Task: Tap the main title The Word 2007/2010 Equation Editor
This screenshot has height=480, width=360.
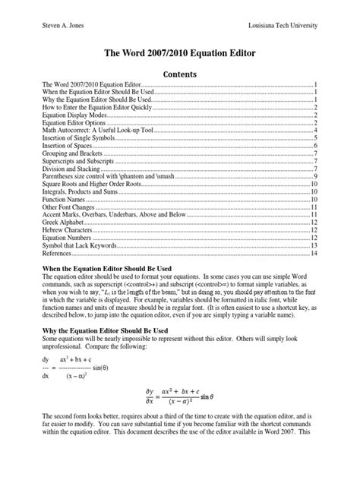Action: point(179,55)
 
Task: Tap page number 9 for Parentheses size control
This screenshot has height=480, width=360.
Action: point(314,176)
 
